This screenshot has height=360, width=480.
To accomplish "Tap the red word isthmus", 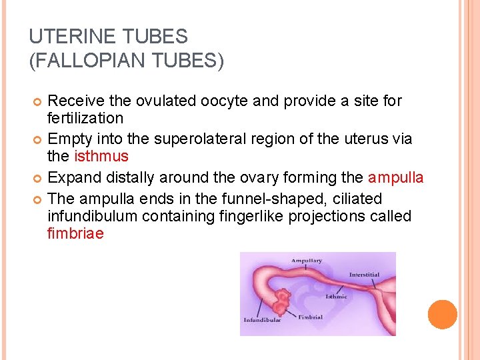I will [101, 157].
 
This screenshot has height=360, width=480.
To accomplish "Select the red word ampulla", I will [395, 178].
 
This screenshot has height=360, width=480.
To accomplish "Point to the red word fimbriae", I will [75, 234].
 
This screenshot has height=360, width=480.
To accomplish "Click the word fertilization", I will [85, 119].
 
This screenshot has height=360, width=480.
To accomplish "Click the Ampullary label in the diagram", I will [306, 261].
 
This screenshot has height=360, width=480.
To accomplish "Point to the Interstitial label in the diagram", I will [364, 275].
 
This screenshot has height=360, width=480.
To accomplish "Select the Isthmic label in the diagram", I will [336, 296].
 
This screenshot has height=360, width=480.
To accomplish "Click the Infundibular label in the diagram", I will [261, 320].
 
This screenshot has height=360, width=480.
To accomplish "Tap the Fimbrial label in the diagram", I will [310, 317].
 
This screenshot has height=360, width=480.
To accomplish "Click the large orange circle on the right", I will [443, 315].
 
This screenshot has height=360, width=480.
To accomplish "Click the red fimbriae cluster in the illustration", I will [283, 301].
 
